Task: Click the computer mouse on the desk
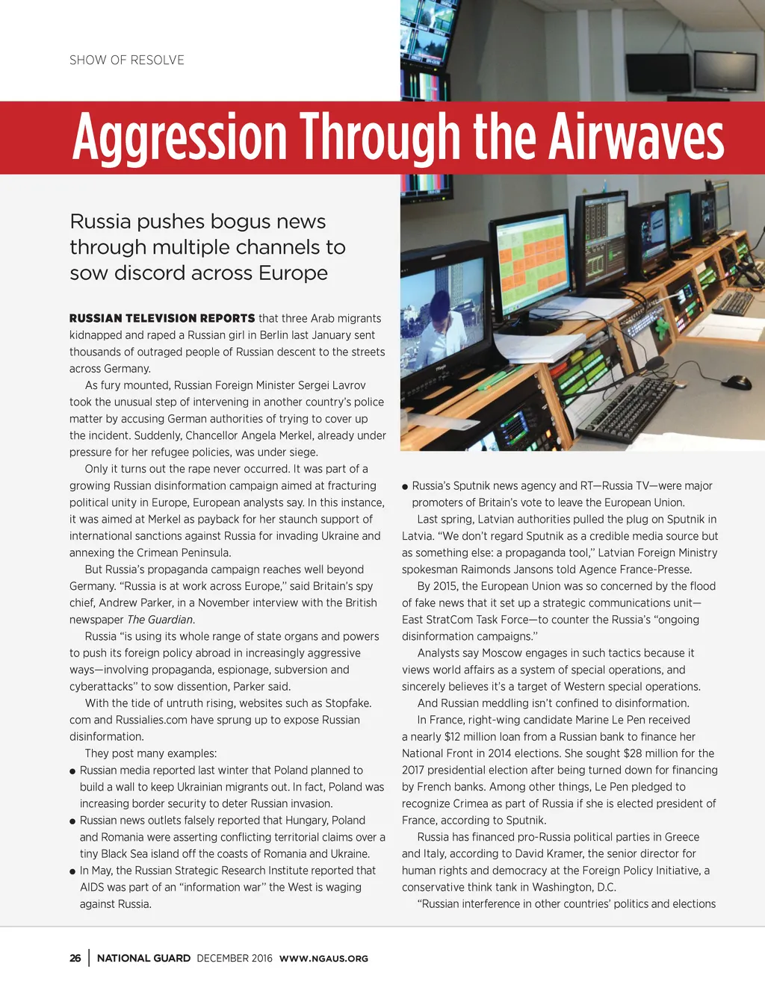click(x=737, y=382)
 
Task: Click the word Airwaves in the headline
click(x=637, y=137)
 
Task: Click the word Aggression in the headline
click(x=180, y=137)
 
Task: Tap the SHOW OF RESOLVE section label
click(x=127, y=60)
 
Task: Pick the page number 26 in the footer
click(x=75, y=958)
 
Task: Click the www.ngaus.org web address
click(x=323, y=959)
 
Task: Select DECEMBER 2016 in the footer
click(x=235, y=958)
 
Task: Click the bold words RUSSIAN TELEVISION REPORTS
click(x=162, y=318)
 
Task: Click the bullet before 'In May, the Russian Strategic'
click(x=72, y=871)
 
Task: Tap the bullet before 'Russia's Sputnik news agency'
click(x=405, y=487)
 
